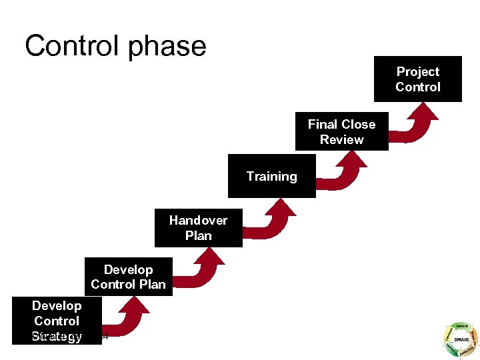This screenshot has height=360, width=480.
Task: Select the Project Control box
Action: point(418,79)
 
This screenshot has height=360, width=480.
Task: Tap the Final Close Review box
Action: point(341,132)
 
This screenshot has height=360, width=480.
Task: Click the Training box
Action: point(271,177)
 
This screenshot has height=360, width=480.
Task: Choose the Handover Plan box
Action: point(198,228)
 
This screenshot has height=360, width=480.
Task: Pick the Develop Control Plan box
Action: point(128,277)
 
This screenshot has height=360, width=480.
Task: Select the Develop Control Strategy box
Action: point(57,321)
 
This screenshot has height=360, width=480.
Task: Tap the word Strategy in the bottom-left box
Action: point(57,336)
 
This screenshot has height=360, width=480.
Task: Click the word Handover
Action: point(198,221)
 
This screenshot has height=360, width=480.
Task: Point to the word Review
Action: point(341,140)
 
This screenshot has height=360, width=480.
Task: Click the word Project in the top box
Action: point(418,72)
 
